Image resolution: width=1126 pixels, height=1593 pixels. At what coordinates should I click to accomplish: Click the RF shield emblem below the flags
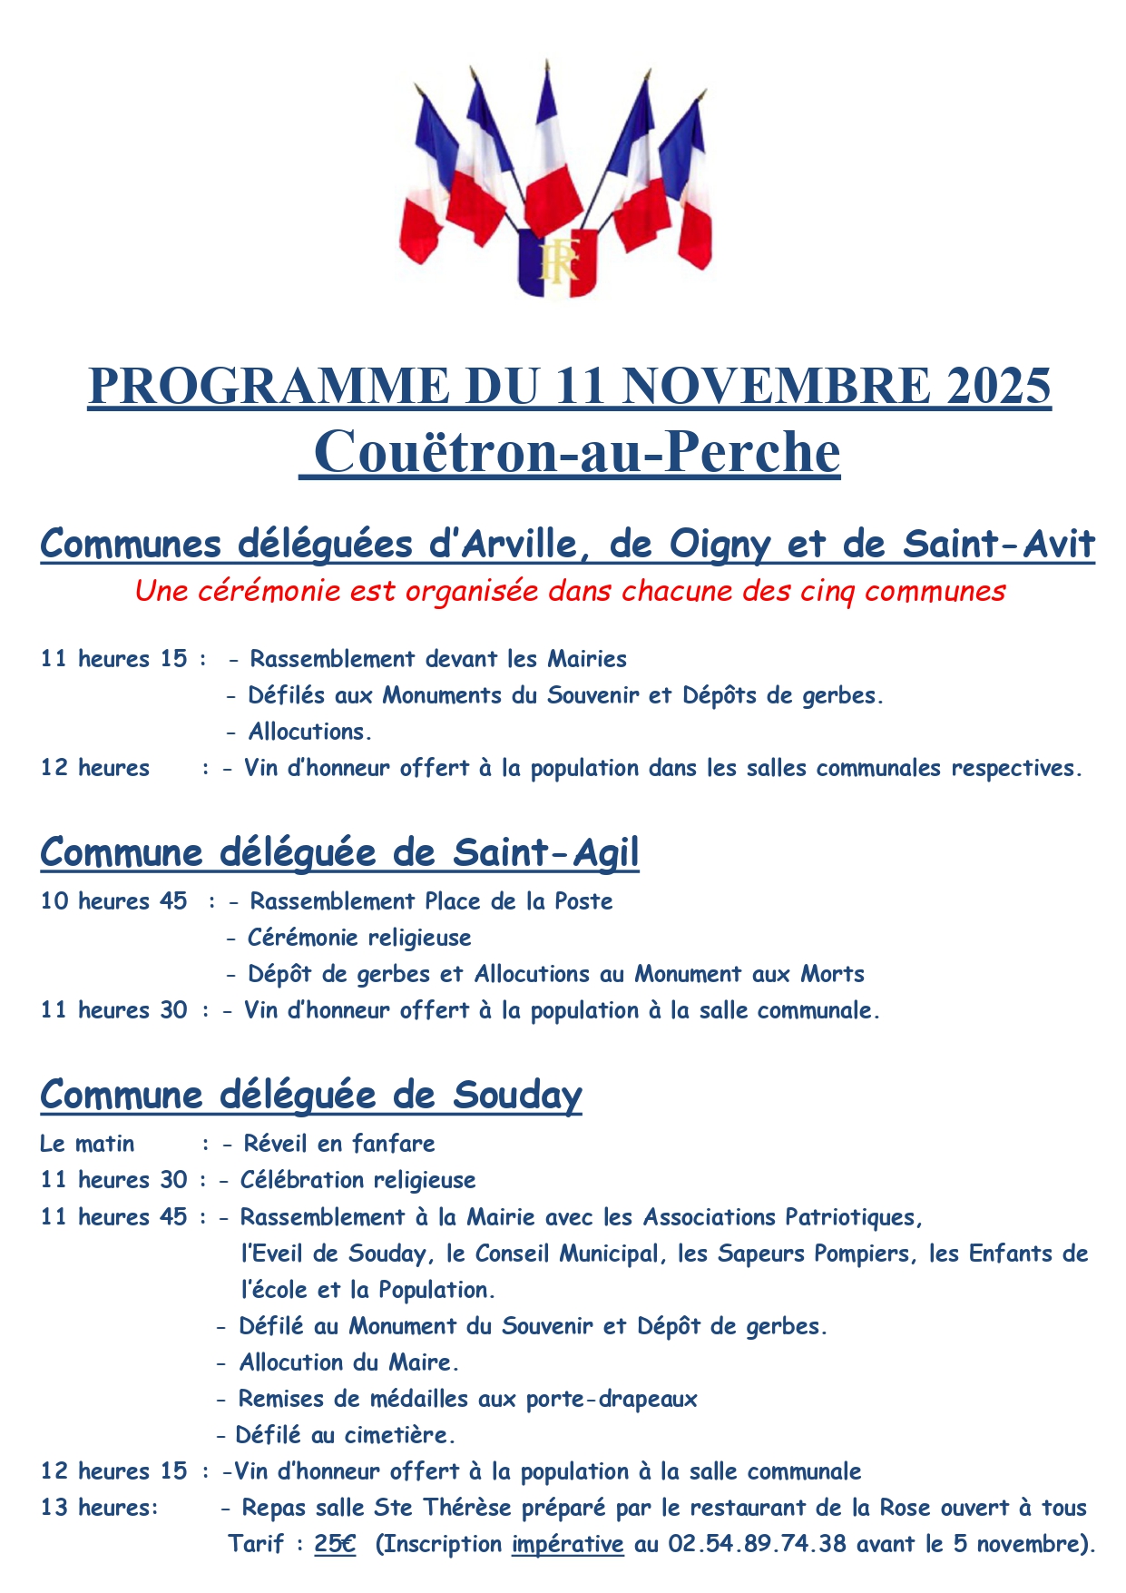(557, 262)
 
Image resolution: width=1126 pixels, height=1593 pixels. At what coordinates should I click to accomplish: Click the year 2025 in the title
(999, 386)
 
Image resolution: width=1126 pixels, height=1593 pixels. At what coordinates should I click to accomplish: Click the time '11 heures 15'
(113, 659)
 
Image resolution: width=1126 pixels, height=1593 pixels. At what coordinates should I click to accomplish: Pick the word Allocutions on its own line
(309, 732)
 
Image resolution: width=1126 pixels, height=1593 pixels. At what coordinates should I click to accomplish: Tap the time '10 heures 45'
(113, 901)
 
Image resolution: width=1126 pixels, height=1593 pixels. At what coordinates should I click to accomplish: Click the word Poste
(583, 901)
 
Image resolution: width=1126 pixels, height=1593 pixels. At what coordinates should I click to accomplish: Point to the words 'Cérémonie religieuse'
(359, 938)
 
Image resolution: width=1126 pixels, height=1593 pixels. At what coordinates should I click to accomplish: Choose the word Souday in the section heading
(517, 1096)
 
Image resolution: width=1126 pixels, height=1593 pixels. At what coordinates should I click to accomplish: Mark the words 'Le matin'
(87, 1144)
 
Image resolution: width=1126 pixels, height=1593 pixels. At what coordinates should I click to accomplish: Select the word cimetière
(399, 1435)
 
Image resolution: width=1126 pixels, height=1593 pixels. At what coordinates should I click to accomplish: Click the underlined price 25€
(335, 1544)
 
